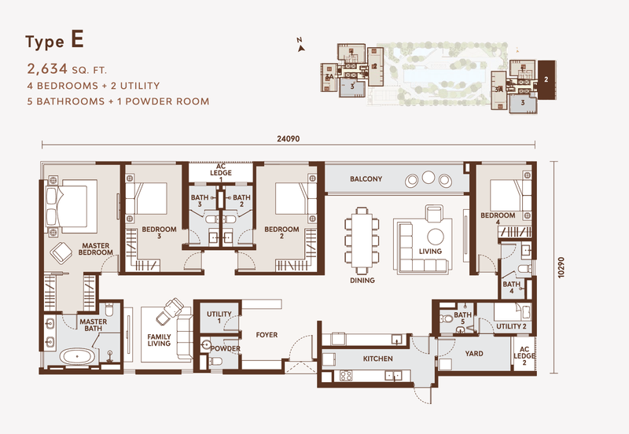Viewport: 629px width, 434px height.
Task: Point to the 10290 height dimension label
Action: [561, 266]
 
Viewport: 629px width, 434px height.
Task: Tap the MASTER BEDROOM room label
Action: [96, 249]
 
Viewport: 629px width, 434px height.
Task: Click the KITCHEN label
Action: [377, 359]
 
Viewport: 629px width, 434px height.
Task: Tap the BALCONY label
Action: [366, 179]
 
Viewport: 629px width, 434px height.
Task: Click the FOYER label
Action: [267, 335]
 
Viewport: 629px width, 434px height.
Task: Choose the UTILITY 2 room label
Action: [511, 325]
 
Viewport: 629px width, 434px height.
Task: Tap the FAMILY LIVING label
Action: [160, 340]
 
